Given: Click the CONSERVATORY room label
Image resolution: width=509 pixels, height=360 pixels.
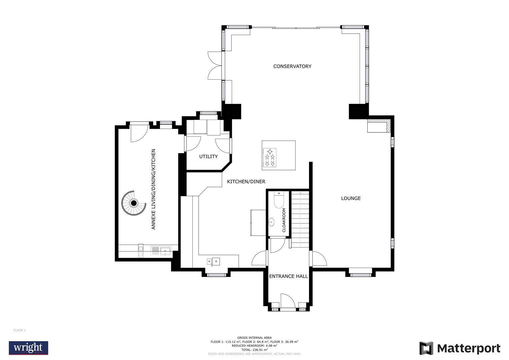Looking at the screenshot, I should (x=292, y=66).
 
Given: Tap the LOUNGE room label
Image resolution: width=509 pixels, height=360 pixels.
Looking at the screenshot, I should (x=351, y=198).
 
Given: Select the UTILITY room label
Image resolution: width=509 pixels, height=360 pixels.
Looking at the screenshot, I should (x=208, y=156).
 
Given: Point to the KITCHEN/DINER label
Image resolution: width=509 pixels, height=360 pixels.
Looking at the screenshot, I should (x=246, y=182).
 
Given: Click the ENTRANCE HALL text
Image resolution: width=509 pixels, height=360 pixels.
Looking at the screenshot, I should (x=288, y=276).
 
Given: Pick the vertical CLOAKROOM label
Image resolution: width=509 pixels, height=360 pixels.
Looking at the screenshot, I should (x=284, y=220).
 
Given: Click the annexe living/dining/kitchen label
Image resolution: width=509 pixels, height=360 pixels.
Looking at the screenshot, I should (x=153, y=189).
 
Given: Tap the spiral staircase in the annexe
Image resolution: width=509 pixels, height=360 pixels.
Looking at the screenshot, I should (x=134, y=203).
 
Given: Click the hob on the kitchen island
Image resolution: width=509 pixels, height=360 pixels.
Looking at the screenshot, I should (x=269, y=158).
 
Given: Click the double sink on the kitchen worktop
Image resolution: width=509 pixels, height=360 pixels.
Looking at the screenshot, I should (x=213, y=262).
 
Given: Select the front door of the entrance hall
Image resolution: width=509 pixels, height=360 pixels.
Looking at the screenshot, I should (x=288, y=302).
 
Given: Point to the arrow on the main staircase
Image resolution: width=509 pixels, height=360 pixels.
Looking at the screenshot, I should (x=300, y=193).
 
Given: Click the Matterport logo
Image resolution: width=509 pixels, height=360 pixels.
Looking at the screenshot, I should (x=460, y=348).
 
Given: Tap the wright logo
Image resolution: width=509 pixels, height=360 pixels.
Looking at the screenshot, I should (x=28, y=348).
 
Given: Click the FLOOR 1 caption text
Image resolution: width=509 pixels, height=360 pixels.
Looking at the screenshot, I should (x=19, y=330).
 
